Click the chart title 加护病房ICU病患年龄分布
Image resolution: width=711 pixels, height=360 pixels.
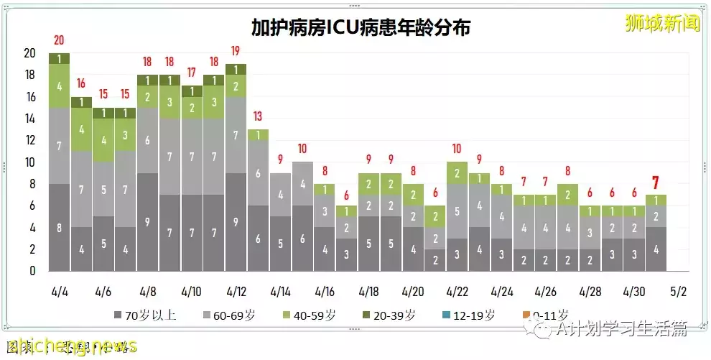tap(361, 27)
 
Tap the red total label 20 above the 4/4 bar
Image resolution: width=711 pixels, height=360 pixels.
tap(59, 40)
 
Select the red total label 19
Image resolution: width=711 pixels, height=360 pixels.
tap(235, 51)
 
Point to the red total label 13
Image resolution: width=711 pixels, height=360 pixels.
tap(257, 117)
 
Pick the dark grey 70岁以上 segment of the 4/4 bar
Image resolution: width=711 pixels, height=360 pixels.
tap(59, 228)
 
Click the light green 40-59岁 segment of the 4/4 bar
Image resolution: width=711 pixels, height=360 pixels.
tap(59, 86)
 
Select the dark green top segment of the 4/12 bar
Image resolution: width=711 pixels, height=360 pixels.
tap(235, 69)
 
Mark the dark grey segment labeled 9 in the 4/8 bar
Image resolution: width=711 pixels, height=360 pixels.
tap(147, 222)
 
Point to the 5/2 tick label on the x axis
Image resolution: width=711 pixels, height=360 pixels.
tap(677, 292)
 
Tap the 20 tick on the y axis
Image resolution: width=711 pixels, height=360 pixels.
tap(29, 53)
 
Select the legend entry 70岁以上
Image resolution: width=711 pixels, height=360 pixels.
tap(145, 315)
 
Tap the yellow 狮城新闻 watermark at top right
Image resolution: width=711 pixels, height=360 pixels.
tap(661, 24)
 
